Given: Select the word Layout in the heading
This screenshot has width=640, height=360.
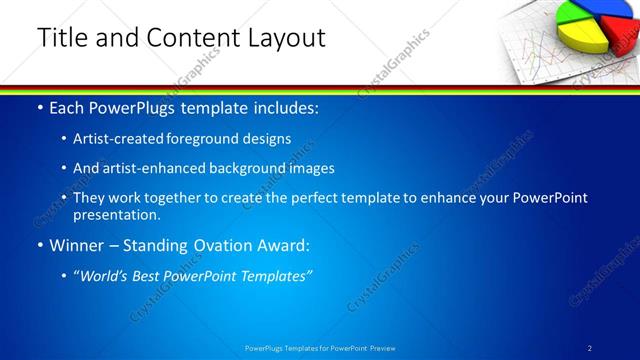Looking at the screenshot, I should tap(281, 37).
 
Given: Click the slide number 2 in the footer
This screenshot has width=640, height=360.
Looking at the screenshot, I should tap(590, 348).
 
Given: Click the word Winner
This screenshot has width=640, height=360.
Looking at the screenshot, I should tap(78, 245).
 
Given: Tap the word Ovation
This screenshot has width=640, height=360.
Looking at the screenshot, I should tap(221, 245).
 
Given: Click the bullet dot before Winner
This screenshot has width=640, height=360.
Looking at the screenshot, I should tap(40, 245).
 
